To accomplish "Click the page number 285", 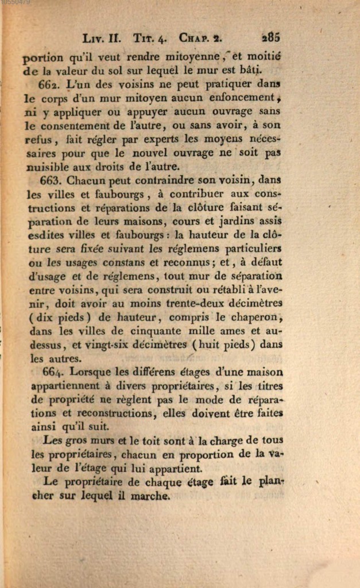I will (270, 38).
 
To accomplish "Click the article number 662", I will (54, 84).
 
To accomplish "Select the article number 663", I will (54, 180).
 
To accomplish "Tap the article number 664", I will (55, 373).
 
